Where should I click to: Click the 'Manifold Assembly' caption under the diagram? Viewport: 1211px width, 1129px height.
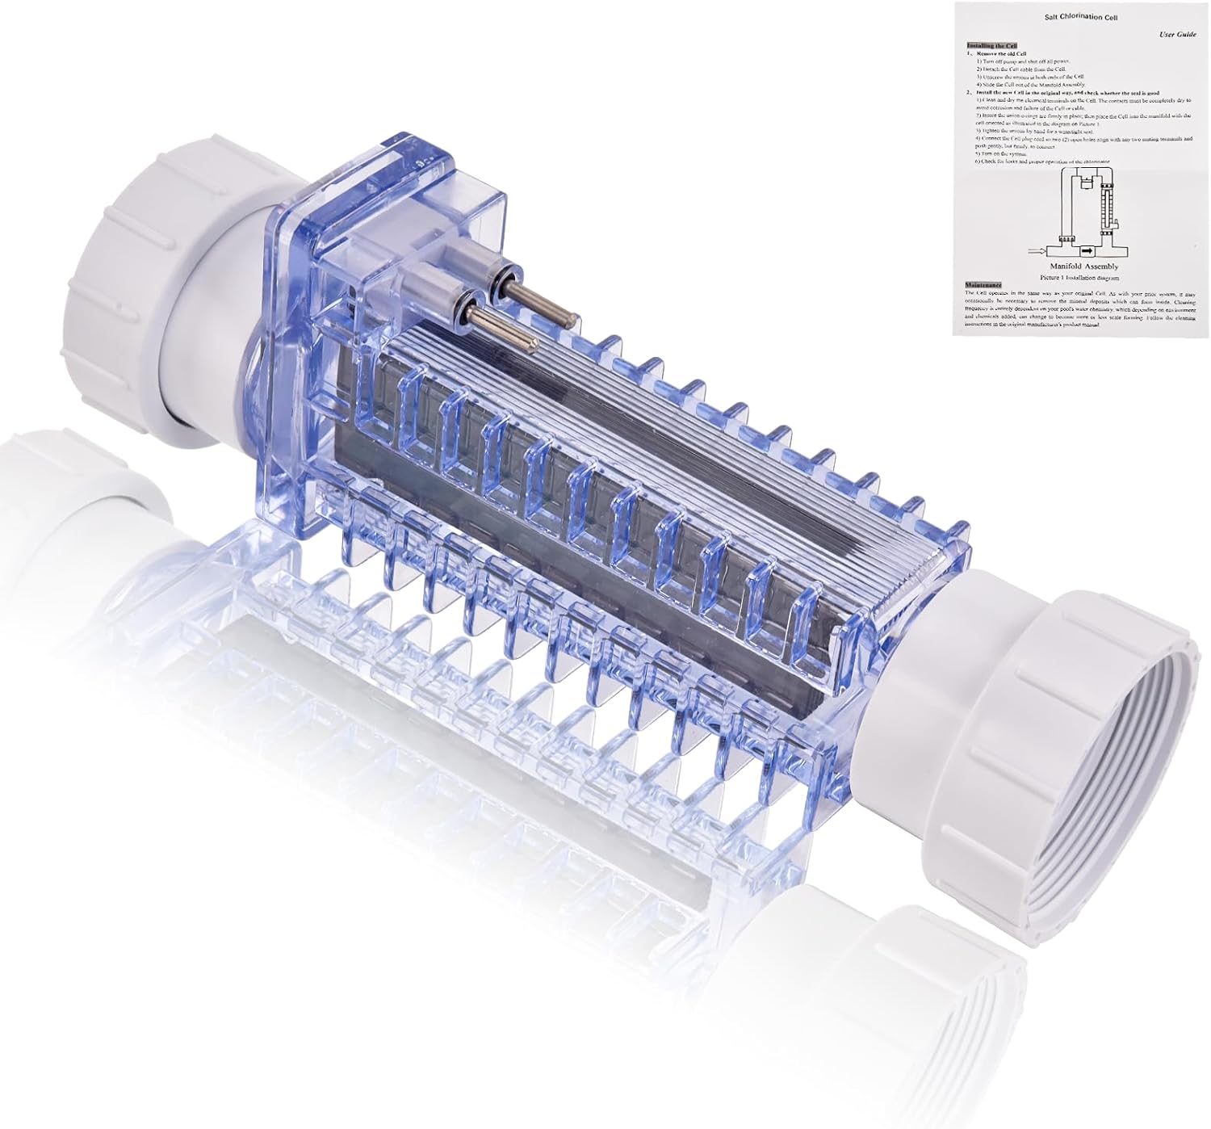coord(1083,266)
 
